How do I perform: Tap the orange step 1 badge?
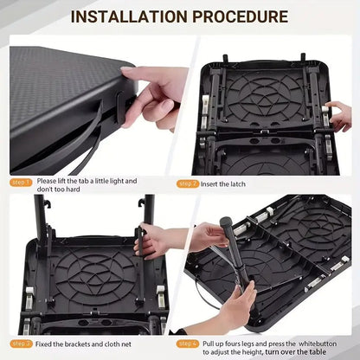21,183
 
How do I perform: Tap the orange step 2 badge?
188,183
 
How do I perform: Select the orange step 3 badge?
21,344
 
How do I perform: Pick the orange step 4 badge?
188,344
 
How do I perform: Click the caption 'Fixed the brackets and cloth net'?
86,344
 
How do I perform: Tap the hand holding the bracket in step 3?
160,242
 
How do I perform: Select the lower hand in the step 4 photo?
238,303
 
